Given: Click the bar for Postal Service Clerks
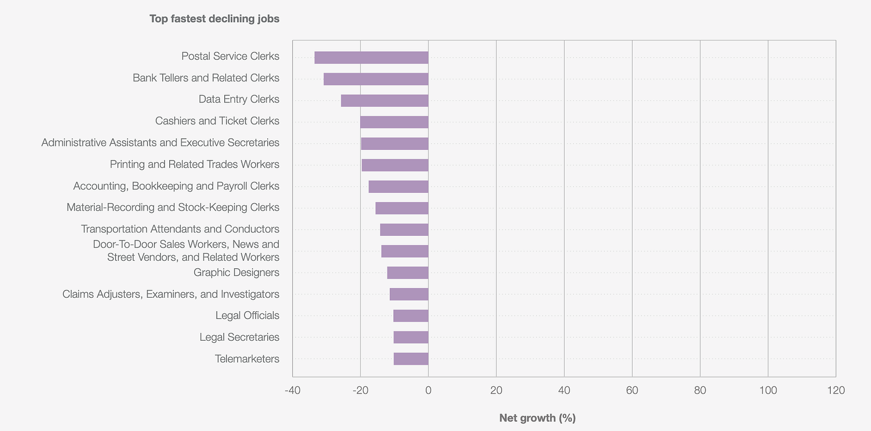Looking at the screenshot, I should [x=371, y=58].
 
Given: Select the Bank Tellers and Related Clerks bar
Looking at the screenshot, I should [x=376, y=79].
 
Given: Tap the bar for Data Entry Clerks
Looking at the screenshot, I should [x=384, y=101].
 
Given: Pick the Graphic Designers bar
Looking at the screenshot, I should [x=408, y=273].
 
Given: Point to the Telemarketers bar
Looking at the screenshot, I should [x=411, y=359].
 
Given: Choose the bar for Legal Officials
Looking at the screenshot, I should [x=411, y=316].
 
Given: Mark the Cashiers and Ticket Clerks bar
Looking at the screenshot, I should [x=394, y=122].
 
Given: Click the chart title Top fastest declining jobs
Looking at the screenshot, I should [x=214, y=19].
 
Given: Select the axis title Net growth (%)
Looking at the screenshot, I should [x=537, y=418].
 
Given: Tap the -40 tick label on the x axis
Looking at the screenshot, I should [x=292, y=390].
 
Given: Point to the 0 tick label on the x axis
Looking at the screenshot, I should [x=428, y=390].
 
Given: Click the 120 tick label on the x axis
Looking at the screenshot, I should [x=836, y=390].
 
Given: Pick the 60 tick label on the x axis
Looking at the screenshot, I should [x=632, y=390].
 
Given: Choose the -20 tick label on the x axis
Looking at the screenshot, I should [x=360, y=390].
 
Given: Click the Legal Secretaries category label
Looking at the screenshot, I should [x=240, y=337].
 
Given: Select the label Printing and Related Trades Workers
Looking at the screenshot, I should [x=194, y=164].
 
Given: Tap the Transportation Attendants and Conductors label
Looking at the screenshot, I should [x=180, y=229].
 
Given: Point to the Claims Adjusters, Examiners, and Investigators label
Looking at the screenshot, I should [x=171, y=294].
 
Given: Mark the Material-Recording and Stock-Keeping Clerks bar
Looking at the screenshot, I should [x=402, y=208].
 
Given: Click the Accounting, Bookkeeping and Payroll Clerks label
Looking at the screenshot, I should [x=176, y=186].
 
